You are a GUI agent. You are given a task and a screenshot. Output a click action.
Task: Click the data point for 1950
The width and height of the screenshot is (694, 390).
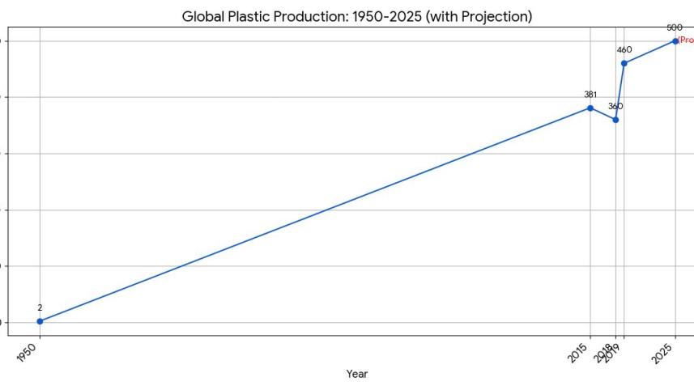tap(40, 321)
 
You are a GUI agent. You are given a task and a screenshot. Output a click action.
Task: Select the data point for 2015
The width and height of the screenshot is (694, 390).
tap(590, 108)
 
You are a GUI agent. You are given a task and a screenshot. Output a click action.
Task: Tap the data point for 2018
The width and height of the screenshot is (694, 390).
tap(615, 120)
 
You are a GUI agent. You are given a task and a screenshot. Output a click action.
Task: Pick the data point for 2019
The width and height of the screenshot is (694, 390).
tap(624, 63)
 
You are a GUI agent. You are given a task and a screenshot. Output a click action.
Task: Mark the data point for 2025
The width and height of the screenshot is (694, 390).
tap(675, 41)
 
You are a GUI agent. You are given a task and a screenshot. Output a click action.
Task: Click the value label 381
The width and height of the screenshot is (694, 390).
tap(590, 95)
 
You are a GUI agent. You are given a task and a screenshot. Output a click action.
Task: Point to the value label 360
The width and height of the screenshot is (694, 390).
tap(615, 106)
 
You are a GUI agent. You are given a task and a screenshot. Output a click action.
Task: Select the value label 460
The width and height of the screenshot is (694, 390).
tap(624, 50)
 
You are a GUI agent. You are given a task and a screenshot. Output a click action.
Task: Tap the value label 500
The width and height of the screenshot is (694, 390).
tap(675, 28)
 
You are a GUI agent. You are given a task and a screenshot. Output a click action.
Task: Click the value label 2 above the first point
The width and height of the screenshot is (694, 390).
tap(40, 307)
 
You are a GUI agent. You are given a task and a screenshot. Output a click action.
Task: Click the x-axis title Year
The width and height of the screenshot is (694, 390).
tap(357, 374)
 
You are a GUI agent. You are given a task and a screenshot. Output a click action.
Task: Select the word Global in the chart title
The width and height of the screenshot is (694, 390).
tap(204, 16)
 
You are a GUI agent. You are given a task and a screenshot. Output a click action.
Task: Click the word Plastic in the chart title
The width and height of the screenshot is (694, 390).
tap(253, 16)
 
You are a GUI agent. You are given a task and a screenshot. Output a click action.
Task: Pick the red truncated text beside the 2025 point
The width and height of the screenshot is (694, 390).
tap(685, 40)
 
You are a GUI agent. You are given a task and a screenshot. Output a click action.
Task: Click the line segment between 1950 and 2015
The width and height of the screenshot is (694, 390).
tap(315, 214)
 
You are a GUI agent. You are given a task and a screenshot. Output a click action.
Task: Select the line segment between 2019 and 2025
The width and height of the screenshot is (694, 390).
tap(649, 52)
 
